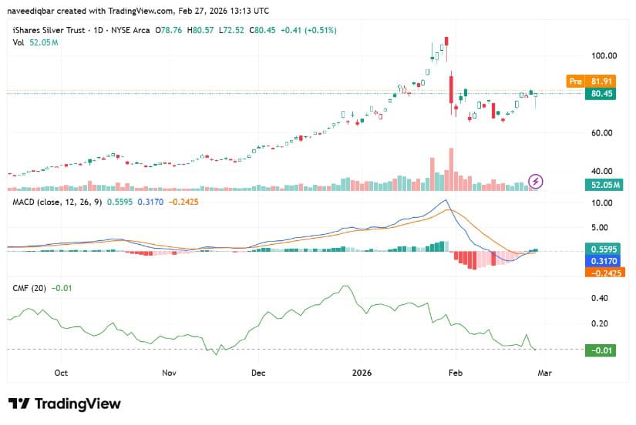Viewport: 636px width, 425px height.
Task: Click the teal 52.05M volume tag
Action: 604,184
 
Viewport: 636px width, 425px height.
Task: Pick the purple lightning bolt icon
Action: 537,182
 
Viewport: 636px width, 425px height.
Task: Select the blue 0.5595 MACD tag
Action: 604,249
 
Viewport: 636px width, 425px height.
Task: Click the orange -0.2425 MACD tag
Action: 604,272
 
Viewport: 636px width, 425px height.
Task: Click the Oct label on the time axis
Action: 61,372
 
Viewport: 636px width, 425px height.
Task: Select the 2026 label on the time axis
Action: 361,372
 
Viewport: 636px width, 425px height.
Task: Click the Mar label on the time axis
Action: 544,372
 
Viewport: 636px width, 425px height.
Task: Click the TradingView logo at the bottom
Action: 65,403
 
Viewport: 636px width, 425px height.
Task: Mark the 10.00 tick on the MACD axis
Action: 601,202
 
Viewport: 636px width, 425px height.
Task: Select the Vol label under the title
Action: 18,42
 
